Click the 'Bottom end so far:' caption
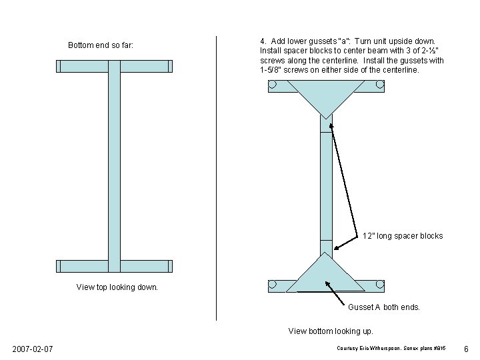point(101,45)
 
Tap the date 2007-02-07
point(33,349)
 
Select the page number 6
point(466,349)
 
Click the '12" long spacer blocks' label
point(402,236)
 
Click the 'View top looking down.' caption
point(117,287)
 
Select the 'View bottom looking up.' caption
point(331,331)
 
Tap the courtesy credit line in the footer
point(391,349)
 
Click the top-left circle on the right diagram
point(272,85)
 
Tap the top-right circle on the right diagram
point(380,85)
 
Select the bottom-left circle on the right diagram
point(272,285)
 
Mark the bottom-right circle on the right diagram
point(380,285)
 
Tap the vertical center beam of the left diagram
point(114,167)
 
